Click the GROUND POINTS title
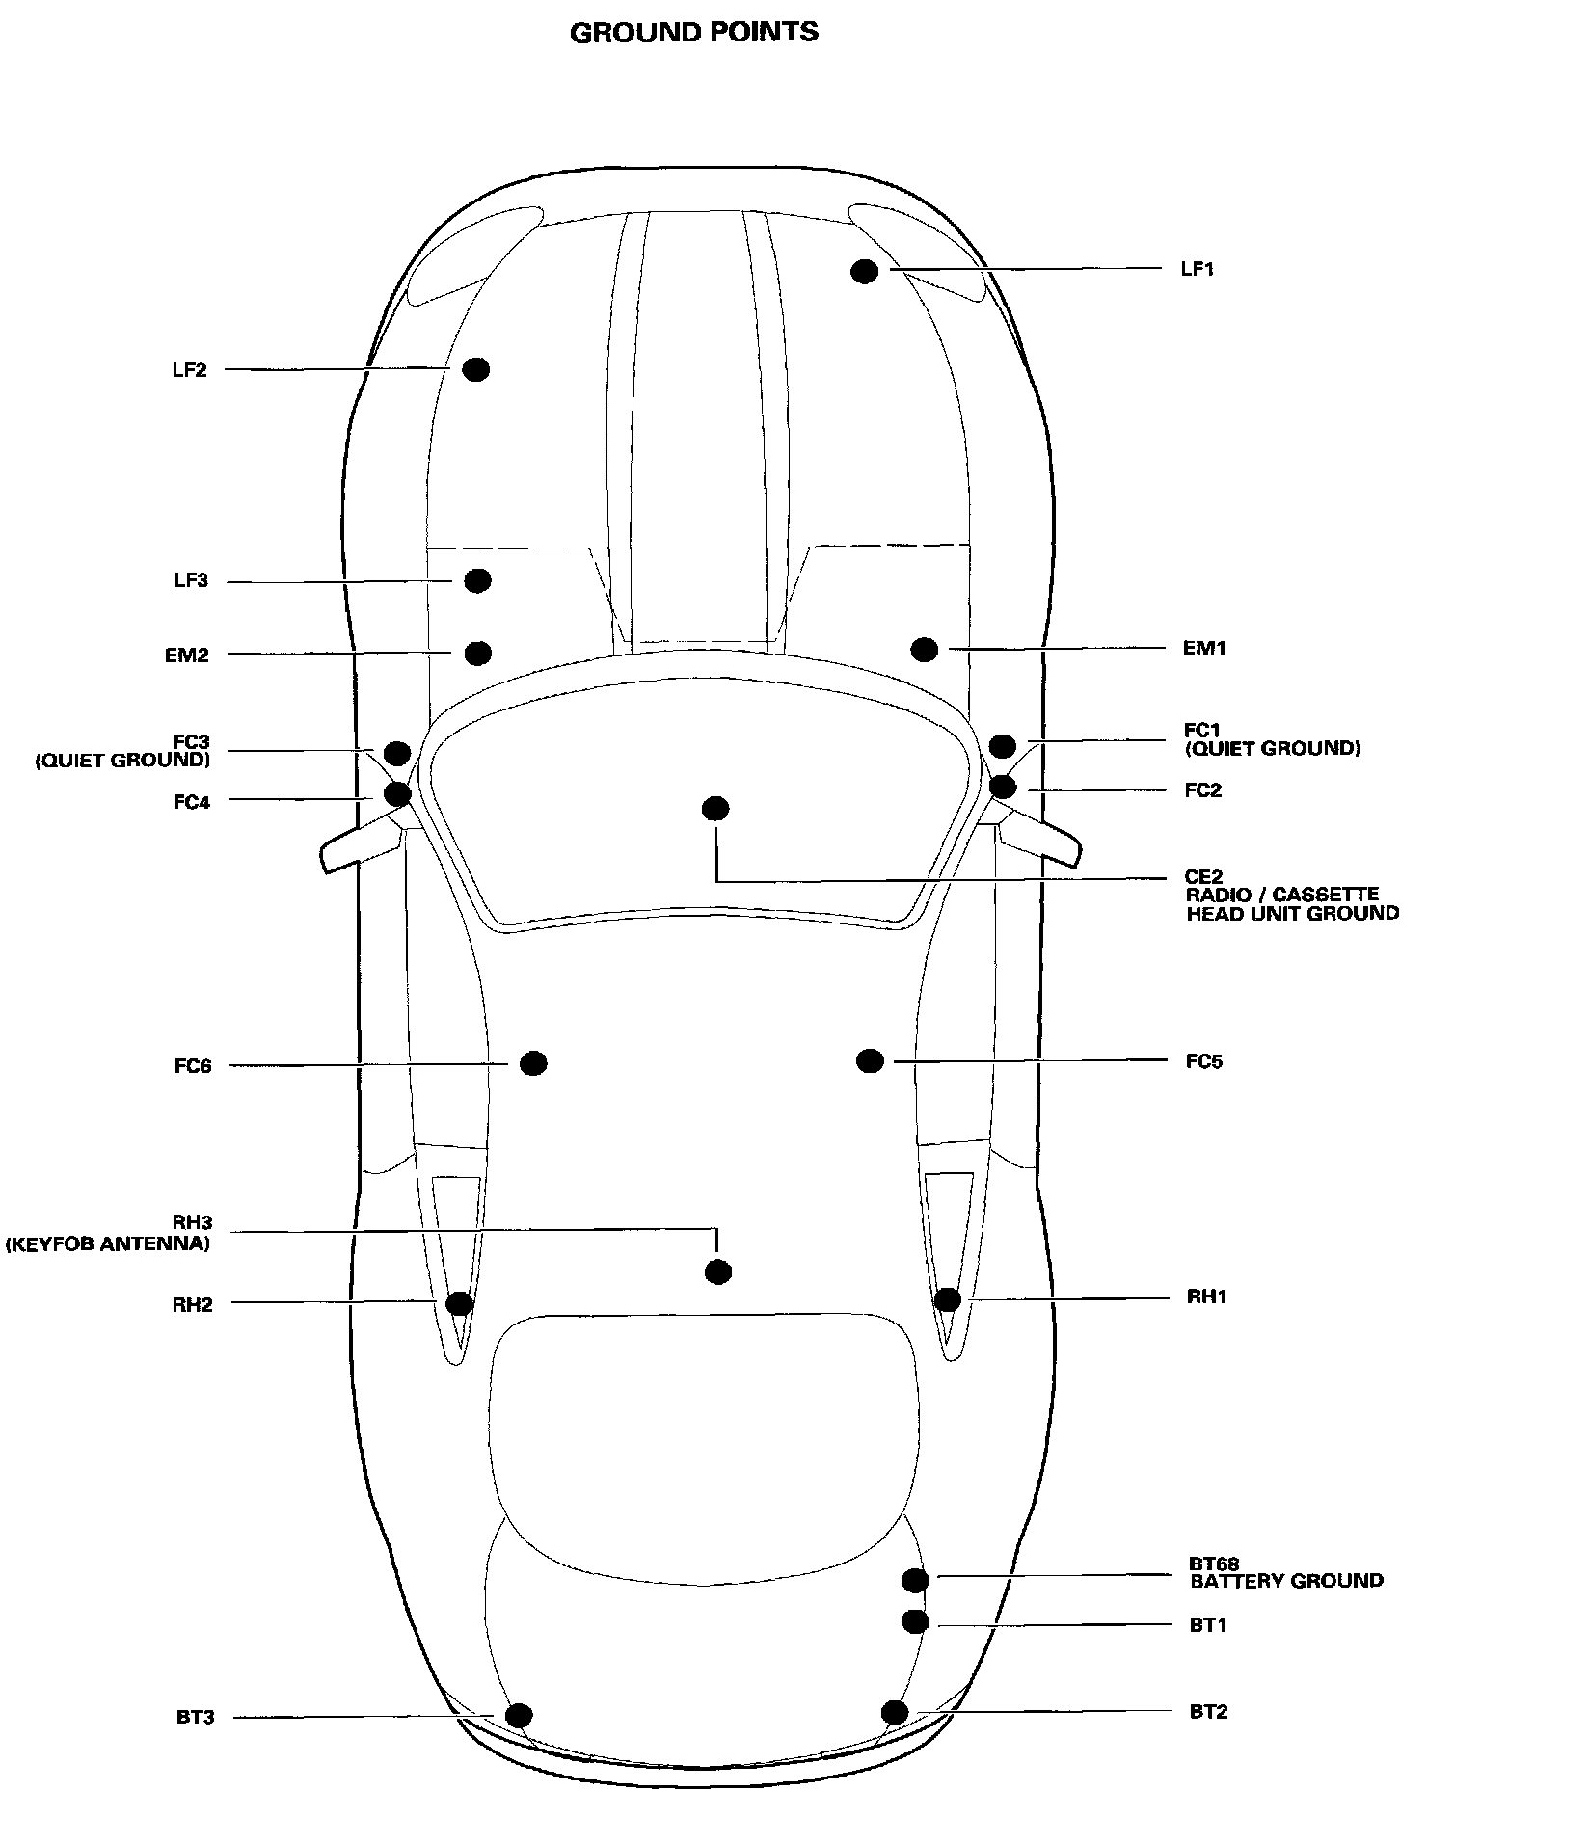[694, 33]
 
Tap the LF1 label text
[1197, 269]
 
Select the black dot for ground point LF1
[864, 271]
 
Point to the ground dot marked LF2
[476, 369]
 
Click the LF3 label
[190, 581]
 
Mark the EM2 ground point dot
[477, 654]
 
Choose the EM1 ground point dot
[924, 649]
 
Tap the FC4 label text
[191, 802]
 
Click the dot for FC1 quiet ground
[1002, 745]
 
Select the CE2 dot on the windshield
[714, 809]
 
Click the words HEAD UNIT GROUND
[1292, 913]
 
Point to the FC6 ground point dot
[533, 1063]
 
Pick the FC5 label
[1204, 1062]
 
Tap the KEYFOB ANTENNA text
[108, 1243]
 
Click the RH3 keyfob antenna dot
[717, 1272]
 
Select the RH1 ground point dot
[948, 1299]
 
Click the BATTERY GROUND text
[1286, 1581]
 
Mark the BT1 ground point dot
[915, 1622]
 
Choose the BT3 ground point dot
[519, 1716]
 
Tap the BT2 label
[1208, 1712]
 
